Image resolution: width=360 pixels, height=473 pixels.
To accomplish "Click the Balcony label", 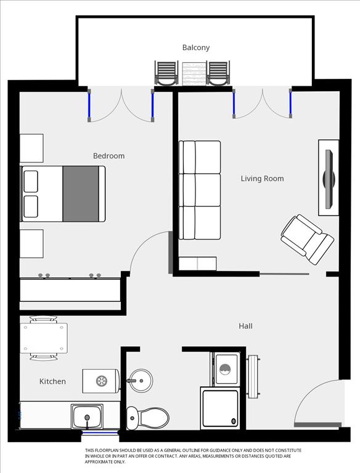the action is pos(195,47).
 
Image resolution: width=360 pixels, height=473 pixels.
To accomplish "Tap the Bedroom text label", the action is pos(108,156).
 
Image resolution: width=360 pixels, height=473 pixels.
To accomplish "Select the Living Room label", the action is pos(262,179).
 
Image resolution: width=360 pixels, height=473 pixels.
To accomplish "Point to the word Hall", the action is pos(245,326).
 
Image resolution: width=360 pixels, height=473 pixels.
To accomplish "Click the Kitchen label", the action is pos(52,381).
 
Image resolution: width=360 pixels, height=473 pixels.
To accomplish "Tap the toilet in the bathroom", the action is pos(147,418).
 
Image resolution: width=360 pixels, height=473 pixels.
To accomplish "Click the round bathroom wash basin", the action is pos(141,381).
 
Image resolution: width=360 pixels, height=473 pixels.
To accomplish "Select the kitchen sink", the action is pos(87,416).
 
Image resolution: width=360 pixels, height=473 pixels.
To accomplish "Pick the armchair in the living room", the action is pos(308,239).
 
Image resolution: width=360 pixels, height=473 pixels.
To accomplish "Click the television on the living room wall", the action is pos(329,179).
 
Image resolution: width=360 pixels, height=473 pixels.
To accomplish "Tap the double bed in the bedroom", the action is pos(63,193).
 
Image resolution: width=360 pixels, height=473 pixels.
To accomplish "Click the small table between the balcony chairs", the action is pos(194,74).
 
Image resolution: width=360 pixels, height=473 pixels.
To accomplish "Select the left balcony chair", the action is pos(166,73).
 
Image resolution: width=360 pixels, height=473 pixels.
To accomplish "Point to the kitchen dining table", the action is pos(44,338).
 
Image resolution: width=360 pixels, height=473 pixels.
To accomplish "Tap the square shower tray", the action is pos(220,408).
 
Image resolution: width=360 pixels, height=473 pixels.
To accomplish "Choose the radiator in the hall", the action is pos(253,376).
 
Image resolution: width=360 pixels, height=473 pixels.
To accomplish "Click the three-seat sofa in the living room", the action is pos(200,190).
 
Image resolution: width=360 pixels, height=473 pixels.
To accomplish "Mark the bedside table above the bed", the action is pos(31,148).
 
